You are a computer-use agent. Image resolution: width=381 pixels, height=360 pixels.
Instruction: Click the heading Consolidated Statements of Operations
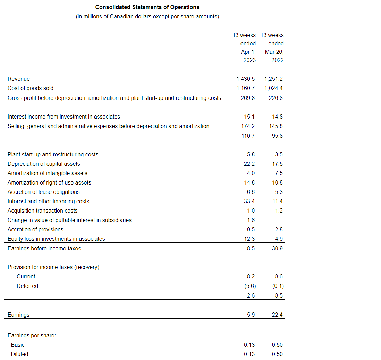[147, 7]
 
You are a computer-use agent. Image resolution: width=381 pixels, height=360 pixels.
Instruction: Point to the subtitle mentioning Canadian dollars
[147, 17]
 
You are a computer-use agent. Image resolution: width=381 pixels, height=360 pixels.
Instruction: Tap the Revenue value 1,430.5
[245, 79]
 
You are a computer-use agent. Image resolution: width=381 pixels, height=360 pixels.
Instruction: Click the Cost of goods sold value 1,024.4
[273, 88]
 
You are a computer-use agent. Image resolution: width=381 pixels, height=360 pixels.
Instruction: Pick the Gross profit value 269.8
[248, 98]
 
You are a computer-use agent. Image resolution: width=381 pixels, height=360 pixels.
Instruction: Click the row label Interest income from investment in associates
[64, 117]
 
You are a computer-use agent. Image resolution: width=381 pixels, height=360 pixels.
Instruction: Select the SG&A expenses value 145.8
[276, 126]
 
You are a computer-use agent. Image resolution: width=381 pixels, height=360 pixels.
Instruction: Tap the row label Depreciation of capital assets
[44, 164]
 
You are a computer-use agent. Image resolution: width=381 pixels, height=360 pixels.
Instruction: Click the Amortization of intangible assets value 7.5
[279, 173]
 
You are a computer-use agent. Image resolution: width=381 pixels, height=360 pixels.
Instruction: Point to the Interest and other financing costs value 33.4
[249, 202]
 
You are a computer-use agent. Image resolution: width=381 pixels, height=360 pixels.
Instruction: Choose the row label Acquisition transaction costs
[42, 211]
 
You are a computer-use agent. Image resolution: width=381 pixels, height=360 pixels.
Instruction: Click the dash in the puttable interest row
[281, 220]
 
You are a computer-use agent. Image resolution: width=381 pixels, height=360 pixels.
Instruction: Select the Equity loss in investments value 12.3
[249, 239]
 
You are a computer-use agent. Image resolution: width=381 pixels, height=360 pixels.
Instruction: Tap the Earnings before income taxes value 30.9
[277, 249]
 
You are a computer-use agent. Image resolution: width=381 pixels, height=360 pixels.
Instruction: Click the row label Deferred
[27, 286]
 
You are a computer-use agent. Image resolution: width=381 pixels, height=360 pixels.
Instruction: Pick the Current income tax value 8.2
[251, 277]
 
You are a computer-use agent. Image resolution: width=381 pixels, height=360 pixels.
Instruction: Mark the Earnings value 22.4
[277, 315]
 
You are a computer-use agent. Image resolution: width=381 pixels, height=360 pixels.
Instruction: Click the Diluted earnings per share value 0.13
[249, 354]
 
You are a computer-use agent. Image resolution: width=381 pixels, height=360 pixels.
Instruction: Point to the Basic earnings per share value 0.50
[277, 345]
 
